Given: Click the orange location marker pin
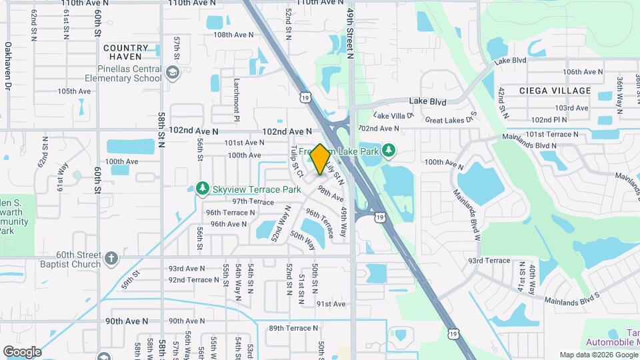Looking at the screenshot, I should coord(320,159).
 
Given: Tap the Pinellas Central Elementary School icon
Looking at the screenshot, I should coord(173,73).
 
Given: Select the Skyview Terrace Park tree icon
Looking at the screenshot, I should coord(203,189).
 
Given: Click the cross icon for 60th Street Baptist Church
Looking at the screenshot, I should coord(111,257).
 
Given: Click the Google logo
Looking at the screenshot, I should coord(22,351).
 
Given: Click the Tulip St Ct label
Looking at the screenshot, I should coord(297,162).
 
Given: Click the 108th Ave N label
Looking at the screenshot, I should coord(229,35).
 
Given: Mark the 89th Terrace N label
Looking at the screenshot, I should coord(293,328).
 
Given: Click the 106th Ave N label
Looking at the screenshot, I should coord(586,72).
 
